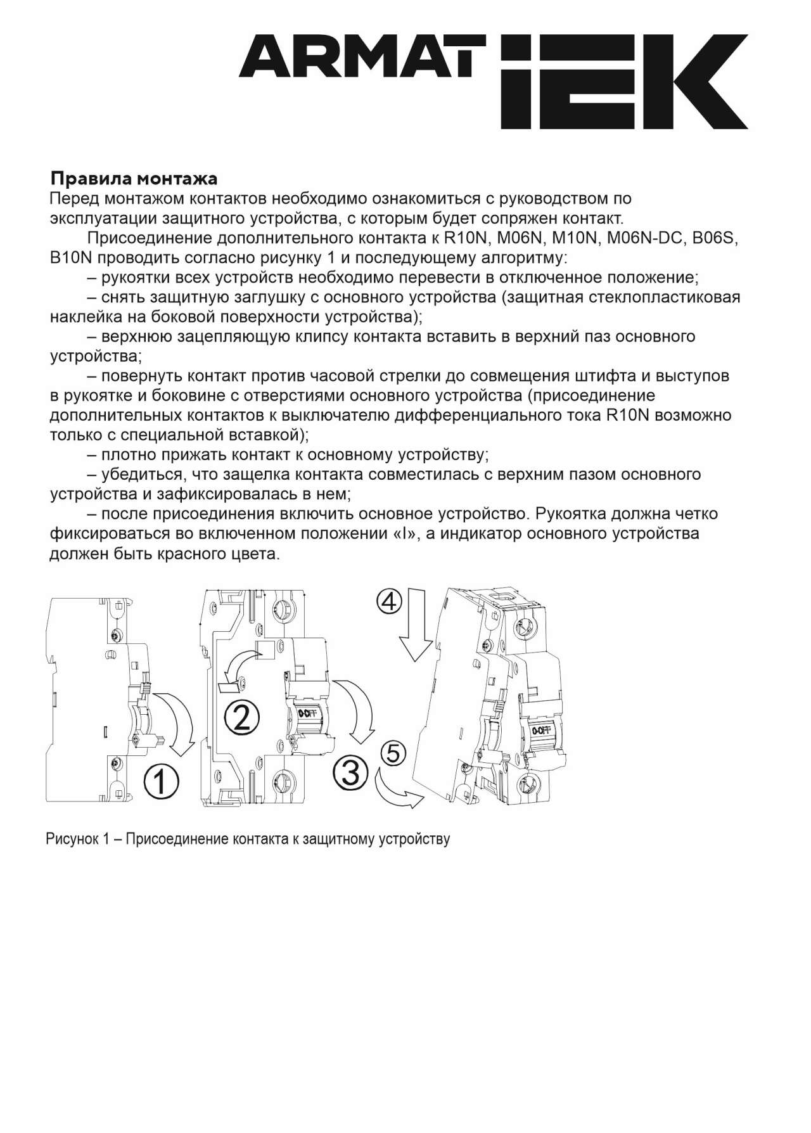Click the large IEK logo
coord(623,82)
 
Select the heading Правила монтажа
coord(134,178)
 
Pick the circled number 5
coord(393,753)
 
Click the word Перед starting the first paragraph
coord(74,198)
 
